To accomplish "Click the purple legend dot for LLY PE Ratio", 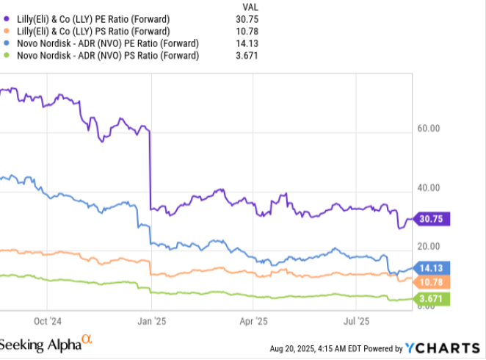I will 6,18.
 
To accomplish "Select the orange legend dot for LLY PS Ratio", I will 6,31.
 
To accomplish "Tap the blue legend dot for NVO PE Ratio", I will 6,43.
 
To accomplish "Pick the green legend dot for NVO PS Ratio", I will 6,56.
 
